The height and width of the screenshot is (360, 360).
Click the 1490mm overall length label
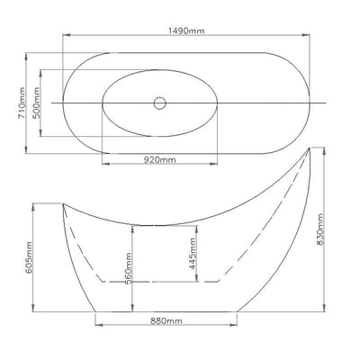click(186, 31)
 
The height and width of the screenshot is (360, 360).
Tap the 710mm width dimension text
click(22, 103)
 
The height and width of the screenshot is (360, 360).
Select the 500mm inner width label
click(36, 103)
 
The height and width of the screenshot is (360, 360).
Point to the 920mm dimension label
click(159, 160)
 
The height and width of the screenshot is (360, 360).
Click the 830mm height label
click(320, 229)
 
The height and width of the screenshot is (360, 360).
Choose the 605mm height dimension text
click(29, 257)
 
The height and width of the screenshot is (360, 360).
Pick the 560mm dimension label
click(128, 268)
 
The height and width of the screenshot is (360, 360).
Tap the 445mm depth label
click(193, 254)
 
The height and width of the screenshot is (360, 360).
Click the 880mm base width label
click(166, 321)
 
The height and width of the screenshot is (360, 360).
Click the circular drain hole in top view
click(160, 103)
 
